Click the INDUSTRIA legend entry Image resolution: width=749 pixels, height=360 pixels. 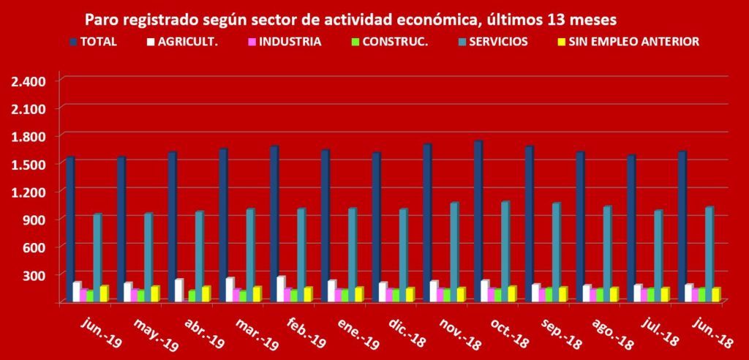(x=285, y=42)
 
